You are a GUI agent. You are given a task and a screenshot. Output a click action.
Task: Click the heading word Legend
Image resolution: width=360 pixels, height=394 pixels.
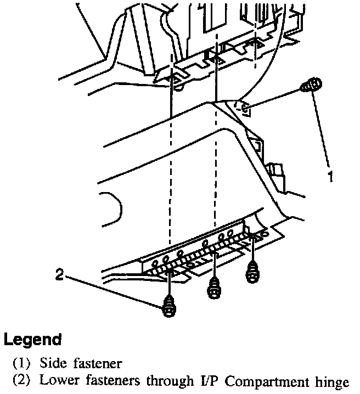pyautogui.click(x=32, y=340)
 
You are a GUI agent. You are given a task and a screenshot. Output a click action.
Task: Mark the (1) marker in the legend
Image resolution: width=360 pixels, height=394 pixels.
pyautogui.click(x=21, y=363)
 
